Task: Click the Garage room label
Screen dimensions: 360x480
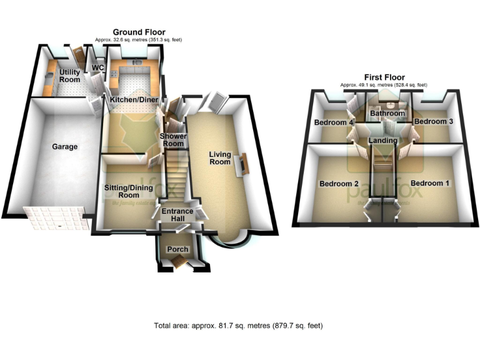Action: [x=64, y=147]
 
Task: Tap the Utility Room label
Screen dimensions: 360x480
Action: [x=69, y=76]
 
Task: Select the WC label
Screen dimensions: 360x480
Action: [x=97, y=68]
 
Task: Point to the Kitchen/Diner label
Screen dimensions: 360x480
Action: [x=133, y=99]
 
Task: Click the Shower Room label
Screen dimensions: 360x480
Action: [x=172, y=140]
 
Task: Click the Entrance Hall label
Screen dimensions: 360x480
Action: [x=178, y=215]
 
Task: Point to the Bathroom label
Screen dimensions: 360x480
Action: [x=387, y=114]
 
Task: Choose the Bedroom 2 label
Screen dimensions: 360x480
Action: [x=339, y=184]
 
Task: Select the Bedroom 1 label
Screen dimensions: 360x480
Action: [x=429, y=183]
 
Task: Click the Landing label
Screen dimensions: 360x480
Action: [x=383, y=141]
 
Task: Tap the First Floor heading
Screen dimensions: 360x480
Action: [x=384, y=77]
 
